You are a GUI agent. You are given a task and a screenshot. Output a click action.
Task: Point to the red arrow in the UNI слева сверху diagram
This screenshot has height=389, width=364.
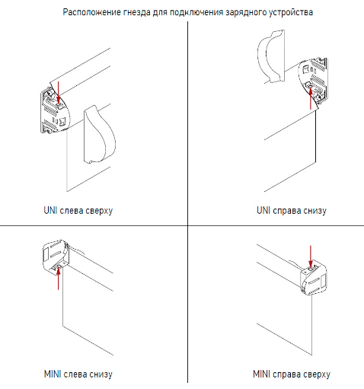tap(59, 92)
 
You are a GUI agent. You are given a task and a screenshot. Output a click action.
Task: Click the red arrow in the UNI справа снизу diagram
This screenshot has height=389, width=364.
tap(311, 98)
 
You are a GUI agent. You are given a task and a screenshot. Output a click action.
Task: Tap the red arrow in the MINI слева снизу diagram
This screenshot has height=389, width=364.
tap(59, 279)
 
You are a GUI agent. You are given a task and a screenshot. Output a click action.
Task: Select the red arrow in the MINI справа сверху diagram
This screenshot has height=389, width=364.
tap(310, 256)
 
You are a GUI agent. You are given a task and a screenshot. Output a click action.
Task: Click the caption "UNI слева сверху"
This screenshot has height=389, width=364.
tap(78, 211)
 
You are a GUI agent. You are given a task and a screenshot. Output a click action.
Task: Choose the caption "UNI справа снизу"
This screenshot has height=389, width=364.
tap(292, 211)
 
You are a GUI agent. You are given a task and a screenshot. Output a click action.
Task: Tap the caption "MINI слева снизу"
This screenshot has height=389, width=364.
tap(78, 375)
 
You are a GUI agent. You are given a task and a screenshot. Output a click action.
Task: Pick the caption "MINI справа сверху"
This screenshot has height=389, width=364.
tap(292, 375)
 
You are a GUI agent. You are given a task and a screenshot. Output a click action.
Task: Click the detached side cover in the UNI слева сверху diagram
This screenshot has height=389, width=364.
tap(99, 135)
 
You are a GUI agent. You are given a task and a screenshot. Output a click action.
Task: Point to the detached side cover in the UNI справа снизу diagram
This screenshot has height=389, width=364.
tap(270, 56)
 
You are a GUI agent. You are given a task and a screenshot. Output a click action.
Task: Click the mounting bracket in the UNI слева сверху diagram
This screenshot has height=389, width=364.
tap(54, 110)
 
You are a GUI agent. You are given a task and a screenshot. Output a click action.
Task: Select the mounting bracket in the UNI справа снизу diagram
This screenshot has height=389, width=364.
tap(313, 81)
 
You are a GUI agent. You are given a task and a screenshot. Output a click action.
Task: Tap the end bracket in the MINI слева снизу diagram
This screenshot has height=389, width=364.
tap(56, 257)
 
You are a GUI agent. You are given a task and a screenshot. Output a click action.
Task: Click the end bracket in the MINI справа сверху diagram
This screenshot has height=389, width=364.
tap(314, 278)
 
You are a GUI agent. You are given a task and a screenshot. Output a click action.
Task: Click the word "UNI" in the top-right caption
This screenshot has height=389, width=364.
tap(263, 210)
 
